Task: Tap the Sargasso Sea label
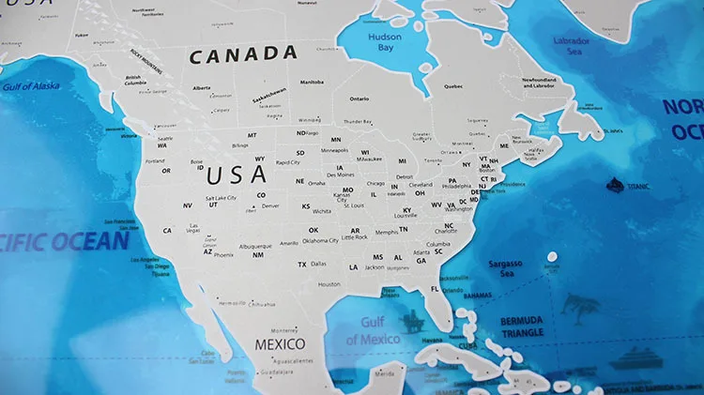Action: [506, 269]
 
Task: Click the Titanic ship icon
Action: [616, 185]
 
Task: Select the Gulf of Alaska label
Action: [31, 86]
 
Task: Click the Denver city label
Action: [271, 205]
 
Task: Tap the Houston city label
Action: [329, 284]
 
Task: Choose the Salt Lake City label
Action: [220, 198]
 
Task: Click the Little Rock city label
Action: [355, 237]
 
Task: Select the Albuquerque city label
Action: [254, 247]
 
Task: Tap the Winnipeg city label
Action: [309, 120]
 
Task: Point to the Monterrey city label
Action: [283, 329]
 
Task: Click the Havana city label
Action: [432, 340]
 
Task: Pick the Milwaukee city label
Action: [370, 159]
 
